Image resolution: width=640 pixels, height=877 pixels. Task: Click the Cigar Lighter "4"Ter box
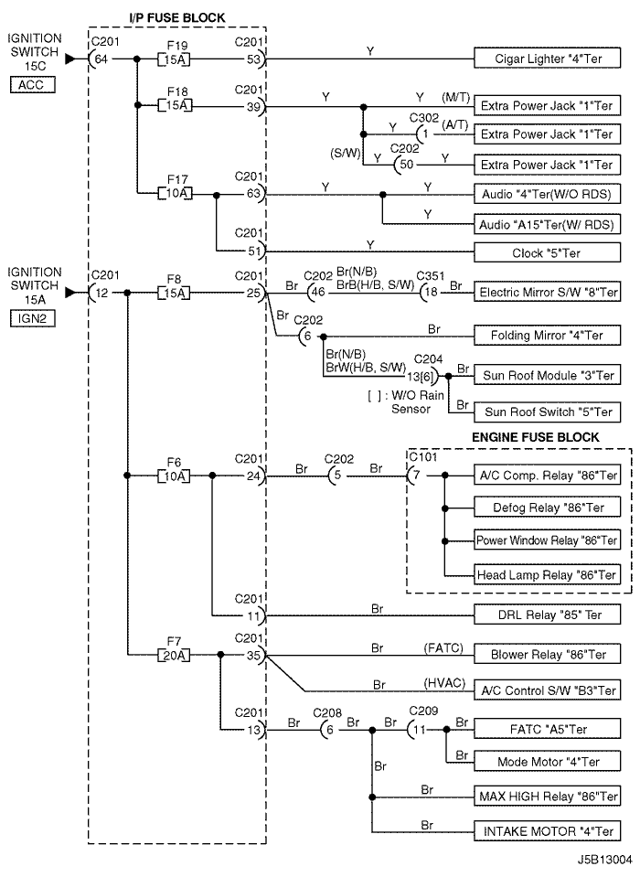tap(548, 59)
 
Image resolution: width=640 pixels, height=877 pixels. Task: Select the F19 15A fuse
tap(174, 59)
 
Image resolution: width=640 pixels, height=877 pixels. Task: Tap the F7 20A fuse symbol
tap(174, 655)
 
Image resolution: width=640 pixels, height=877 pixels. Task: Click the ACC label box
tap(32, 85)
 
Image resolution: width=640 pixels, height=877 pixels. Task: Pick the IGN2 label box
tap(32, 319)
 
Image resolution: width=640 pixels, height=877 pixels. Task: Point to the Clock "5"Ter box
tap(548, 252)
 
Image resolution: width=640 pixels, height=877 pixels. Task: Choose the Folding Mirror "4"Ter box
tap(548, 335)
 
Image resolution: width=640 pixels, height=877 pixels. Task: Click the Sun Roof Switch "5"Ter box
tap(548, 412)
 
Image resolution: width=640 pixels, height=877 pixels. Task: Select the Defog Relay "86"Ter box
tap(548, 508)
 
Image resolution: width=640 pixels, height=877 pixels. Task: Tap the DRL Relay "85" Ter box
tap(548, 615)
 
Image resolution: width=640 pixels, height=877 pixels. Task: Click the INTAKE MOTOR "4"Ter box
tap(548, 831)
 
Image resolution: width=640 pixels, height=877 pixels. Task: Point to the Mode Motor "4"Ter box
tap(548, 762)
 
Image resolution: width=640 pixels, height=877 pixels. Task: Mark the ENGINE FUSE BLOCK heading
tap(536, 437)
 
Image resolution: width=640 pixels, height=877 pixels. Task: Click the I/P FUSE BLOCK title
tap(177, 18)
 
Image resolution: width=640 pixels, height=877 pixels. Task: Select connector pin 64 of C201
tap(101, 59)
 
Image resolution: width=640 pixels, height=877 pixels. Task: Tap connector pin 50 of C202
tap(406, 165)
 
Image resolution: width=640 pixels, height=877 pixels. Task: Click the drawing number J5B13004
tap(604, 859)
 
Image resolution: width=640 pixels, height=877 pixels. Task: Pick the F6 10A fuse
tap(174, 476)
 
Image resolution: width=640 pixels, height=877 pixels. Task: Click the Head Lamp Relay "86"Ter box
tap(548, 574)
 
